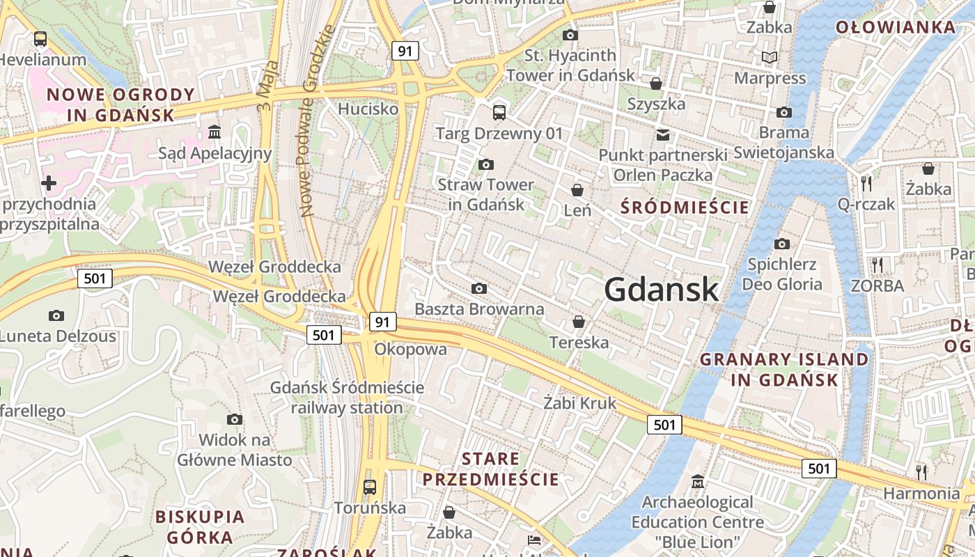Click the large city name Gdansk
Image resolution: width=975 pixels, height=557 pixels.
tap(661, 289)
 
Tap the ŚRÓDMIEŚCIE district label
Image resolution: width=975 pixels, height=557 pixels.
tap(685, 207)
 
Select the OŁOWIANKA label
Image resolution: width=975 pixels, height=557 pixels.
tap(896, 28)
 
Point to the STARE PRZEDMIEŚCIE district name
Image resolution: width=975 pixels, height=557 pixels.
tap(490, 469)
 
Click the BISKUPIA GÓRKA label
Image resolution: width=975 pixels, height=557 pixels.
tap(200, 527)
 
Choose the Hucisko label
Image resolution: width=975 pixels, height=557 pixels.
tap(368, 109)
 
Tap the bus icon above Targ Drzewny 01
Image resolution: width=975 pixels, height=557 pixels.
tap(499, 112)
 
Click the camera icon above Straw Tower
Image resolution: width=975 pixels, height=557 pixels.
tap(486, 165)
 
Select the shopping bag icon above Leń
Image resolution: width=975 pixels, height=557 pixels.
tap(577, 189)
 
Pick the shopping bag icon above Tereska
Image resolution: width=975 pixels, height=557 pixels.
tap(578, 322)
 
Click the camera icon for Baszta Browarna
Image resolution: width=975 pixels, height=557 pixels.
tap(478, 288)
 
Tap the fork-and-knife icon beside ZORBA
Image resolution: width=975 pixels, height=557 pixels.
tap(877, 265)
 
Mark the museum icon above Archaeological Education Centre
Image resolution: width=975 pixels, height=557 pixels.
tap(697, 481)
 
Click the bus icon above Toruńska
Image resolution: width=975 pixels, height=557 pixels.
tap(370, 487)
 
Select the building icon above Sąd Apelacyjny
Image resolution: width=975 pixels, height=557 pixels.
tap(214, 132)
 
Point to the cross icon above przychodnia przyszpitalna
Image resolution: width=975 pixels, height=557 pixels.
tap(49, 183)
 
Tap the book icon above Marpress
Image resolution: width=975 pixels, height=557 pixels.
tap(770, 57)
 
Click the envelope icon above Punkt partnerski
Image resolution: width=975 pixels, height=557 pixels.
tap(662, 134)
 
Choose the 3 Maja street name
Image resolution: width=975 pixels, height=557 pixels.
tap(267, 86)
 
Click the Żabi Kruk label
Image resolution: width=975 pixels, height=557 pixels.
tap(580, 402)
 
